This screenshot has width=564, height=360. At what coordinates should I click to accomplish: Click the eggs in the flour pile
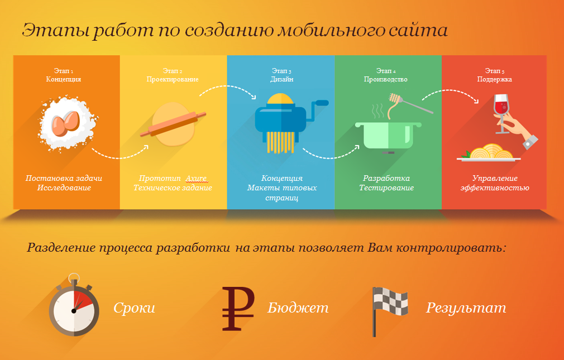(x=65, y=123)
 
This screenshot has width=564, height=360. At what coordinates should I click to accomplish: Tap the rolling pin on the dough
(x=173, y=124)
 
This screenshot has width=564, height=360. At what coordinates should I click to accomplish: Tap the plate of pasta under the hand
(x=489, y=153)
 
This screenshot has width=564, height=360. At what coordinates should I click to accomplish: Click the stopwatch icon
(x=74, y=305)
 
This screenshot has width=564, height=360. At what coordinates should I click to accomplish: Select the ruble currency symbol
(x=238, y=309)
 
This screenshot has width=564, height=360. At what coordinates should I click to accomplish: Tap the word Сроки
(x=134, y=308)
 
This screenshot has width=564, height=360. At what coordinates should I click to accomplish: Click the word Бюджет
(x=298, y=308)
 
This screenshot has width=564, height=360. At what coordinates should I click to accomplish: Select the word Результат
(x=466, y=308)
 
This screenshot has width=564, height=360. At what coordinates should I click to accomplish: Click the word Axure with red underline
(x=197, y=179)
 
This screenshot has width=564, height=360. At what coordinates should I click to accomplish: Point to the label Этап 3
(x=281, y=71)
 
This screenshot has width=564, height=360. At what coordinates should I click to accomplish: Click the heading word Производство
(x=386, y=79)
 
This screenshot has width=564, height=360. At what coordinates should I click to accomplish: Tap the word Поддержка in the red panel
(x=495, y=79)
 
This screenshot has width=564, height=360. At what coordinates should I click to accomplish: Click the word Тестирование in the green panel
(x=386, y=188)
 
